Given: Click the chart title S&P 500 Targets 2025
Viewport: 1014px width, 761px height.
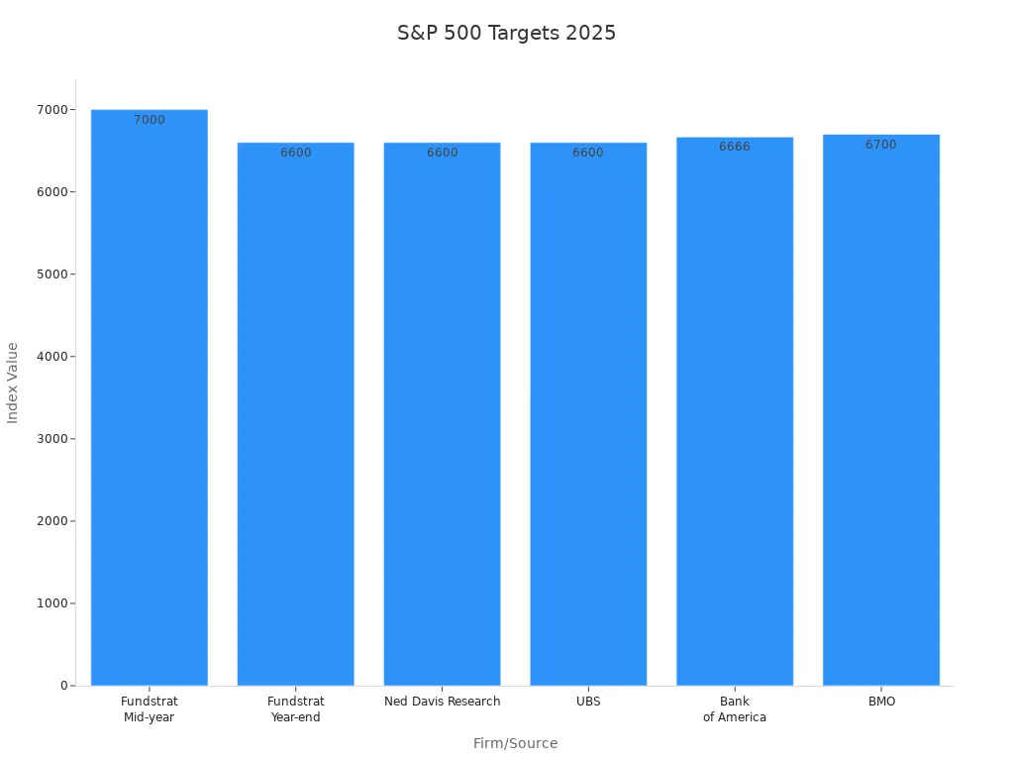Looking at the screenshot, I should [506, 33].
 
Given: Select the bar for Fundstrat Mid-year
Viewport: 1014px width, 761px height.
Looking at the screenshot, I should [150, 396].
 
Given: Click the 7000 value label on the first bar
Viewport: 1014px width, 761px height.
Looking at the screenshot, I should [150, 120].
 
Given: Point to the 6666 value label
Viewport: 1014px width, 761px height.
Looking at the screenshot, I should [735, 147].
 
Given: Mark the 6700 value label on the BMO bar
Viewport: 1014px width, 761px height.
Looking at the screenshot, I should [880, 145].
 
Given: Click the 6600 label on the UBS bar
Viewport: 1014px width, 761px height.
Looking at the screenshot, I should [588, 153].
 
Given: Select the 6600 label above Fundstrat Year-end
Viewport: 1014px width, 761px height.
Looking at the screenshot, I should [295, 153].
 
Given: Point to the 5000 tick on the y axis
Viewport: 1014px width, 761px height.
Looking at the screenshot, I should [49, 274].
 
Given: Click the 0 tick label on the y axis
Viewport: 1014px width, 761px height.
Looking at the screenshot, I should [63, 686].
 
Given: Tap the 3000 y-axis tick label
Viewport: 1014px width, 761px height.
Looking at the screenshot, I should [49, 439].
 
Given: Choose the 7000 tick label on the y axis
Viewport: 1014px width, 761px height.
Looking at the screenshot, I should [49, 110].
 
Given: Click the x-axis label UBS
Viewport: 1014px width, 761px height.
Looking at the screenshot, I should [588, 702].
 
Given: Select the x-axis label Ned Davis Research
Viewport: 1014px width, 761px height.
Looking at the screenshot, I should [442, 702].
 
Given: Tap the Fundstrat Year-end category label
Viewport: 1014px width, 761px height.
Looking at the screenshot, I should [295, 709].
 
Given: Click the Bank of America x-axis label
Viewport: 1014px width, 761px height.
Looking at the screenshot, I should [735, 709].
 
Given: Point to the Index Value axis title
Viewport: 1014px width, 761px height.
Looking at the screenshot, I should [13, 382].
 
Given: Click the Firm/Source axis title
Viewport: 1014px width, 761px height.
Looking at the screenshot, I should [515, 743].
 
